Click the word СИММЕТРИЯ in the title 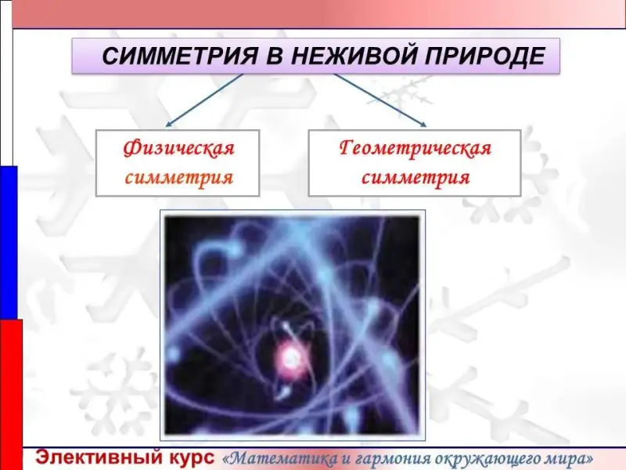tap(180, 56)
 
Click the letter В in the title tap(275, 56)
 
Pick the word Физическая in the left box tap(178, 148)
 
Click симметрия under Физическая tap(179, 177)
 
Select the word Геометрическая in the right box tap(416, 149)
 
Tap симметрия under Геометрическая tap(416, 177)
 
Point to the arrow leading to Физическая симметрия tap(204, 100)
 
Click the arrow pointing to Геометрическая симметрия tap(380, 100)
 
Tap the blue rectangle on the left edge tap(9, 243)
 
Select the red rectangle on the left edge tap(11, 395)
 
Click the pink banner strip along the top tap(318, 13)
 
